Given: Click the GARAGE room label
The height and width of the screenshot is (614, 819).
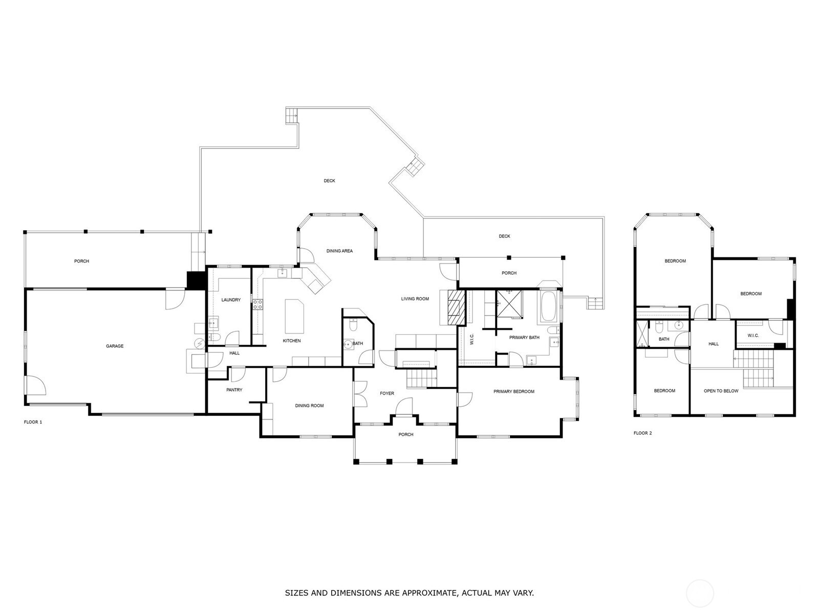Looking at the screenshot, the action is [x=115, y=346].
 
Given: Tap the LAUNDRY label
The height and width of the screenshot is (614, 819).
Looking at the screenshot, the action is [x=231, y=300].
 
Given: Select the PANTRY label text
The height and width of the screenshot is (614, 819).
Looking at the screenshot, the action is [x=234, y=390].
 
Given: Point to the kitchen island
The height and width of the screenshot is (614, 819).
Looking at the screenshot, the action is [x=294, y=317].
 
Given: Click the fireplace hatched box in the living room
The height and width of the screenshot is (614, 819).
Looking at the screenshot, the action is [x=456, y=307].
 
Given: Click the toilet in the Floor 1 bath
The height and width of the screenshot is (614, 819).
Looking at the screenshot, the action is [x=352, y=325].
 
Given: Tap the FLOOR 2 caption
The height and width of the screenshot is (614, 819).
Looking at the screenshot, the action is [x=642, y=433].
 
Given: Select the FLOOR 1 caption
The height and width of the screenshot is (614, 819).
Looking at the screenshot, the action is [x=33, y=422].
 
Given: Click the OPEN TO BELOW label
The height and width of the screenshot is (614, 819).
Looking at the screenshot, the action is [x=721, y=391].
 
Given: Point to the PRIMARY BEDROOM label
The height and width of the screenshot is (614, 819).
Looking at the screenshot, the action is [x=514, y=391].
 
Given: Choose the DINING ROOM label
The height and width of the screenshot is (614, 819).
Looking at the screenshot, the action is [x=309, y=406].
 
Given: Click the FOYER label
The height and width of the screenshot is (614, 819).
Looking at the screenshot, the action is [x=387, y=393].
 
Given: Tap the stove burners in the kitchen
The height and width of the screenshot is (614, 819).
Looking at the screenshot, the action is [x=257, y=304].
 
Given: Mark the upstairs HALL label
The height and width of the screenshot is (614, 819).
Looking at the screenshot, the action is [x=714, y=344].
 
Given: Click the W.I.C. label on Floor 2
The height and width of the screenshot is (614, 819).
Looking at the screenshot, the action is [x=753, y=336].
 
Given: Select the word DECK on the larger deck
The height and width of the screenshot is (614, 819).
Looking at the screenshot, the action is [x=329, y=181].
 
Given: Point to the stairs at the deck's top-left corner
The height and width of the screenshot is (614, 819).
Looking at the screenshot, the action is [x=291, y=116].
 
